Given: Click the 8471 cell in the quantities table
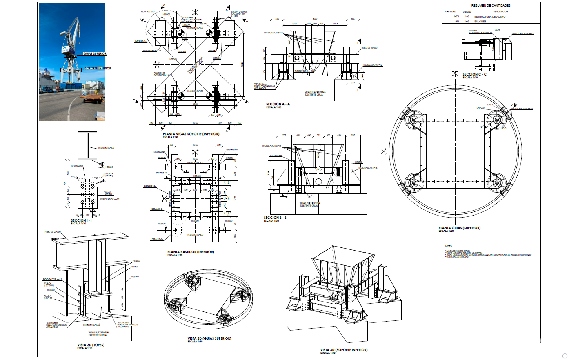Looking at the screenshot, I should coord(456,16).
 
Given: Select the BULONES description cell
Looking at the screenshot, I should coord(480,22).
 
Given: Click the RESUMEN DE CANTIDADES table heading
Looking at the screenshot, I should coord(491,6).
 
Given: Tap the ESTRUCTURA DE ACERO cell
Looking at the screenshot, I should coord(490,17).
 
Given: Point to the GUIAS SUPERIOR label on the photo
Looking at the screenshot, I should coord(95,54).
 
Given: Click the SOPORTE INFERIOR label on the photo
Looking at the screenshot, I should coord(98,69).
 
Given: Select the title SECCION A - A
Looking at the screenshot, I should coord(278,104).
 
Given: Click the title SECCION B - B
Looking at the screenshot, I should coord(275,218).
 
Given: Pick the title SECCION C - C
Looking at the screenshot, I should coord(474,74).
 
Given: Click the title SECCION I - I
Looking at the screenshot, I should coord(81,220).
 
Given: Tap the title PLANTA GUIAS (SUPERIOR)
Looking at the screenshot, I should coord(459,228).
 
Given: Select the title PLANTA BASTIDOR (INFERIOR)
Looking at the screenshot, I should coord(191,252).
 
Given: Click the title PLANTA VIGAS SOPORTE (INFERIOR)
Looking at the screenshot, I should coord(191,134).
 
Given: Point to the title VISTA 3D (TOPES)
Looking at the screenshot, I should coord(91,345).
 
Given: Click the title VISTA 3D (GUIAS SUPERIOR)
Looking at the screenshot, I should coord(209,338).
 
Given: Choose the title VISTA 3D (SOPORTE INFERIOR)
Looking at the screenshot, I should coord(344,350).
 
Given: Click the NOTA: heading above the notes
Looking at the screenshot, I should coord(449,247).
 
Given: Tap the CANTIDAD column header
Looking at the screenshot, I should coord(451,11).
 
